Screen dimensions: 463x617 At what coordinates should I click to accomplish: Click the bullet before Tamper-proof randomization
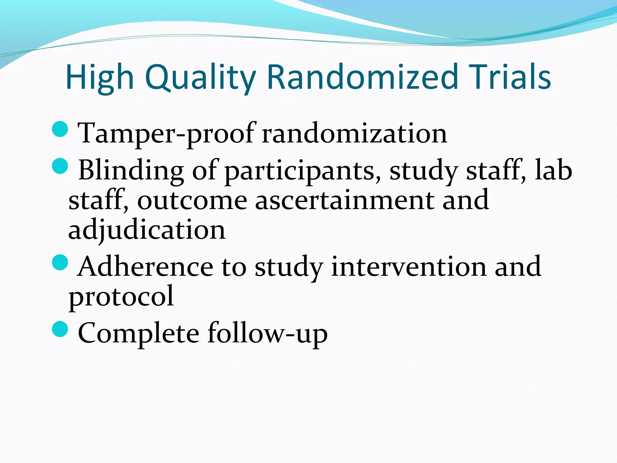click(60, 129)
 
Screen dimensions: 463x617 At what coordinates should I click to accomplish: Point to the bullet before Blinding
click(60, 166)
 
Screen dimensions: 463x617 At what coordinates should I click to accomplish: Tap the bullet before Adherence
click(60, 262)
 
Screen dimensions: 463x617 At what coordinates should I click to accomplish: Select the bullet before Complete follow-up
click(60, 329)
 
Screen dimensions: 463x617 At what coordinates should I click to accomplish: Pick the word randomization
click(354, 134)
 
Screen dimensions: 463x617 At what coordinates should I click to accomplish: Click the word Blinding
click(131, 170)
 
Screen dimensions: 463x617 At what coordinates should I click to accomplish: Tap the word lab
click(553, 170)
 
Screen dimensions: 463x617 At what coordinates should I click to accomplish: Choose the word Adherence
click(145, 267)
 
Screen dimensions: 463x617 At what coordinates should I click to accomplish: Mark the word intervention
click(409, 267)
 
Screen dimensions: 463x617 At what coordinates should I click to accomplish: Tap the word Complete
click(138, 333)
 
